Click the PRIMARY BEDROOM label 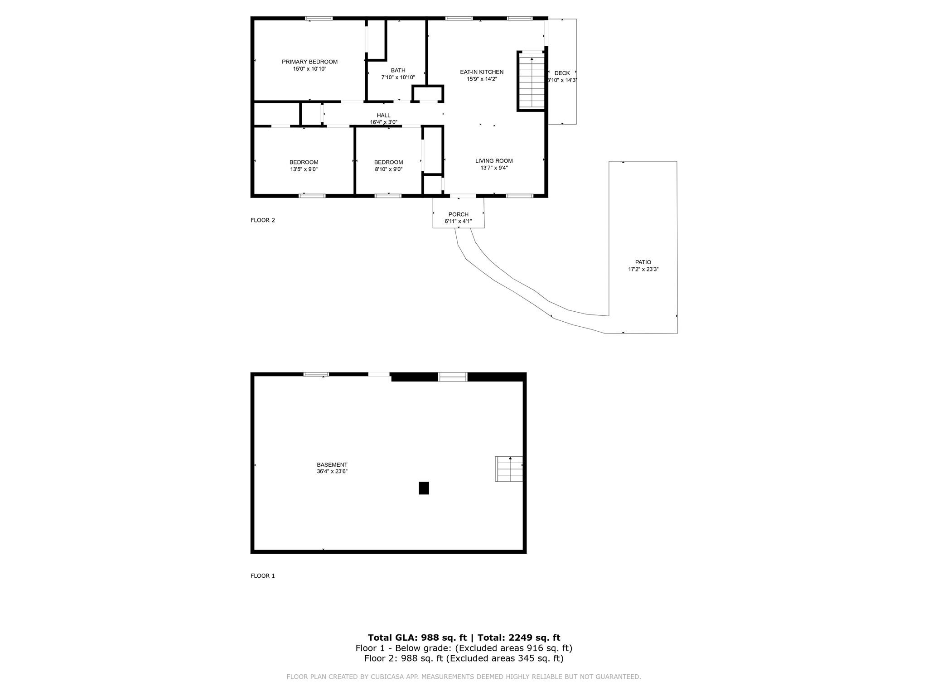309,62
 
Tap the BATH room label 398,70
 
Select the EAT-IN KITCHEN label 482,72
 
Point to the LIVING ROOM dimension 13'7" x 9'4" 494,168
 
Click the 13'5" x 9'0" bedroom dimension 304,169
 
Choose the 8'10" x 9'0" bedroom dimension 388,169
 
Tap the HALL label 383,116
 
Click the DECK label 562,73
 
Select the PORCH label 458,214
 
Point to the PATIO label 643,262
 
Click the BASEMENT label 332,464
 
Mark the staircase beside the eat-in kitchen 532,82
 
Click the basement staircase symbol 509,469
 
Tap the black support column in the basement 424,488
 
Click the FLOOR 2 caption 263,220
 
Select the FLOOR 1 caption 263,576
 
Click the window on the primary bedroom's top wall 319,19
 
